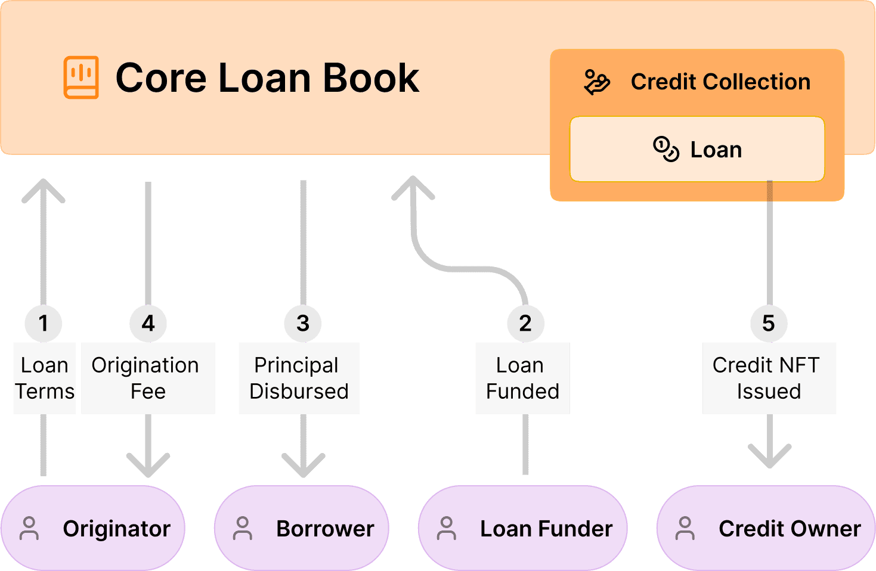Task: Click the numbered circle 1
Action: coord(43,323)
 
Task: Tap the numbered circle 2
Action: coord(525,323)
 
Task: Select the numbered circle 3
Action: coord(303,323)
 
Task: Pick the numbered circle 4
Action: coord(148,323)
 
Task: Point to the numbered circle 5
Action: coord(769,323)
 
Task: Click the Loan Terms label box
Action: coord(44,378)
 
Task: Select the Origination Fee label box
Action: coord(148,378)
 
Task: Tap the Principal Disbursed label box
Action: coord(299,378)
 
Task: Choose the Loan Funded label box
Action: coord(522,378)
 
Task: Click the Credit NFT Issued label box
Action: coord(769,378)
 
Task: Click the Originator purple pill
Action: coord(93,528)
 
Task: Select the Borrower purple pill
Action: coord(302,528)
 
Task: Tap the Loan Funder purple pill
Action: coord(523,528)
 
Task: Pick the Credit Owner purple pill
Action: coord(766,528)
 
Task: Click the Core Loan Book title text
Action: coord(267,78)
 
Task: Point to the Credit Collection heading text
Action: coord(720,82)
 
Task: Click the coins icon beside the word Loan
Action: coord(666,149)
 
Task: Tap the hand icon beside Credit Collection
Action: coord(597,82)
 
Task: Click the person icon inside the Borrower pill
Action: coord(243,528)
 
